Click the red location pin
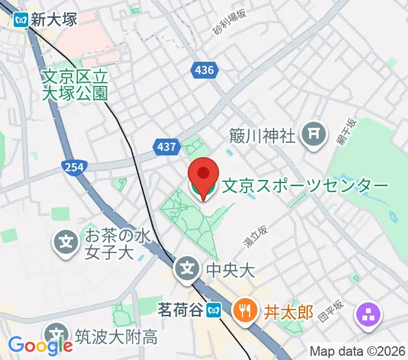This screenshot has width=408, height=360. [203, 175]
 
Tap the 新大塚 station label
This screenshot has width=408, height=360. [55, 19]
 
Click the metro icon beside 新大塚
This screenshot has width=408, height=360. [22, 19]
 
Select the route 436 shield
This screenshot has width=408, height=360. [204, 70]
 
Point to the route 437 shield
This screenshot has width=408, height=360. [166, 146]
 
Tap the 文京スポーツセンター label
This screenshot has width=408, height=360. [305, 187]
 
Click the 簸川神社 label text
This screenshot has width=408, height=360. [263, 135]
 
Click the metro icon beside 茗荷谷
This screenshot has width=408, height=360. [213, 310]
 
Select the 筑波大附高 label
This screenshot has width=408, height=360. [116, 335]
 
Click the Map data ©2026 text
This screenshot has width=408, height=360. [358, 350]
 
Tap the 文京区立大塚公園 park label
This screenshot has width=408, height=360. [75, 85]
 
